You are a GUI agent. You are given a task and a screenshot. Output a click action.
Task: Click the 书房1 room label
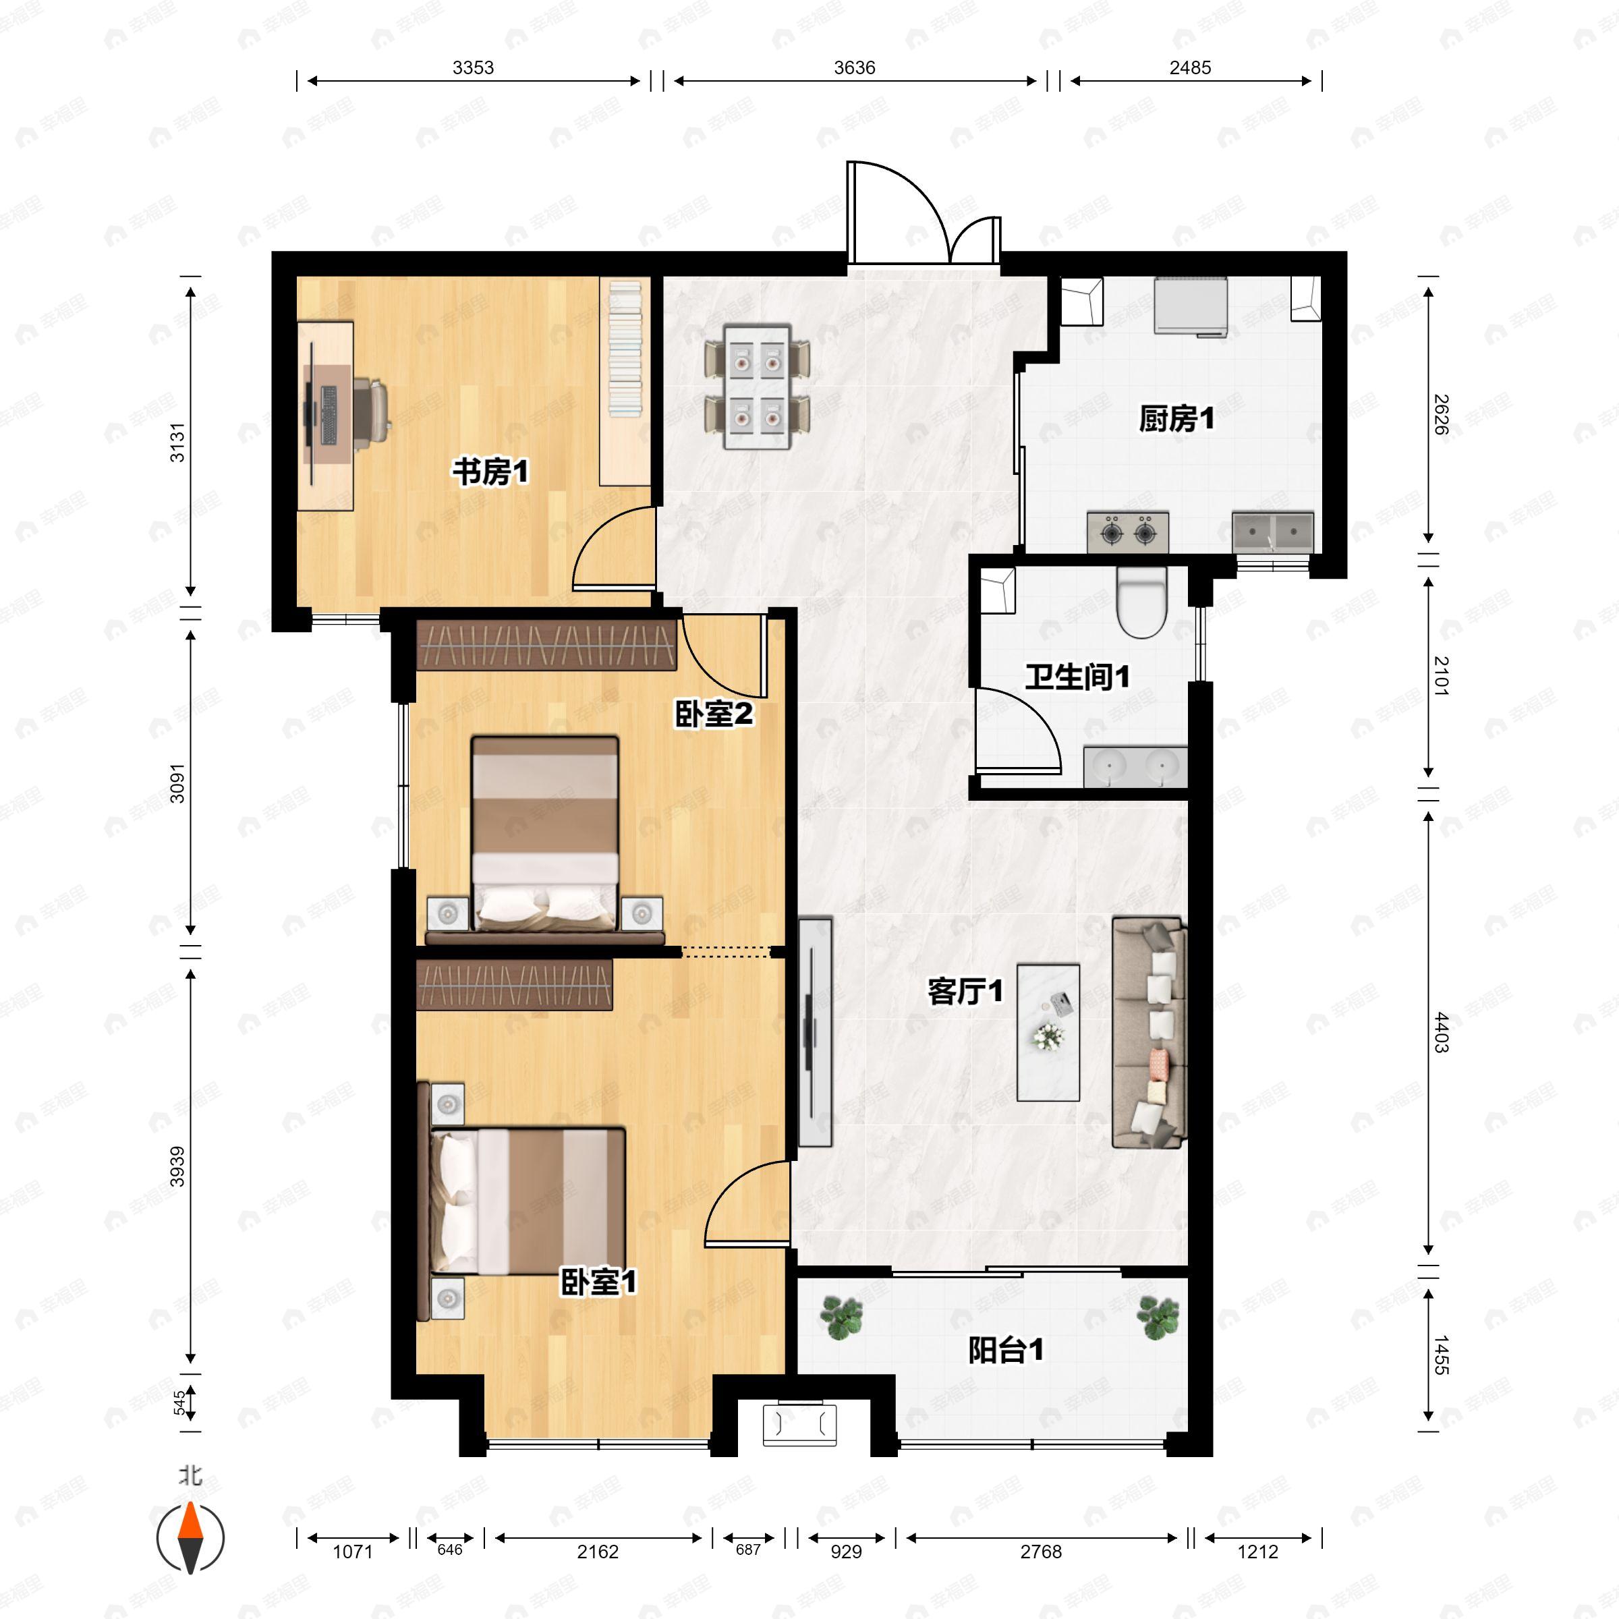(x=490, y=472)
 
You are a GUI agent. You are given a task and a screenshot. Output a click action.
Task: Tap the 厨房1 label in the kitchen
(x=1176, y=418)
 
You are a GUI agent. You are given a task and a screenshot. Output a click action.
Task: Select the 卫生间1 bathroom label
(x=1078, y=676)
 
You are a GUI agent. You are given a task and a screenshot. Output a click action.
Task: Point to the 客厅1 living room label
(x=965, y=992)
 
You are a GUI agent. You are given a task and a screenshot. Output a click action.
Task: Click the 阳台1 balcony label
(x=1006, y=1350)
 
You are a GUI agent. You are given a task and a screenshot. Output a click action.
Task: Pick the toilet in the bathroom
(x=1141, y=602)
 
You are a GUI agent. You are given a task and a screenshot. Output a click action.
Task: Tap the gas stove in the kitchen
(x=1128, y=532)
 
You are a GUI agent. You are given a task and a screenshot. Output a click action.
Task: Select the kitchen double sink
(x=1272, y=532)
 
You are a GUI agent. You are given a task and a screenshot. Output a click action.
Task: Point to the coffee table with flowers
(x=1048, y=1032)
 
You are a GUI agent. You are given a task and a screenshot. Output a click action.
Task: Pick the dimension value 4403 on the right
(x=1440, y=1032)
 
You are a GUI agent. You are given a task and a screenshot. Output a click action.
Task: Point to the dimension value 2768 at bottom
(x=1040, y=1551)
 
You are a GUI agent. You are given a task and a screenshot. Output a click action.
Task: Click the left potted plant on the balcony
(x=841, y=1317)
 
